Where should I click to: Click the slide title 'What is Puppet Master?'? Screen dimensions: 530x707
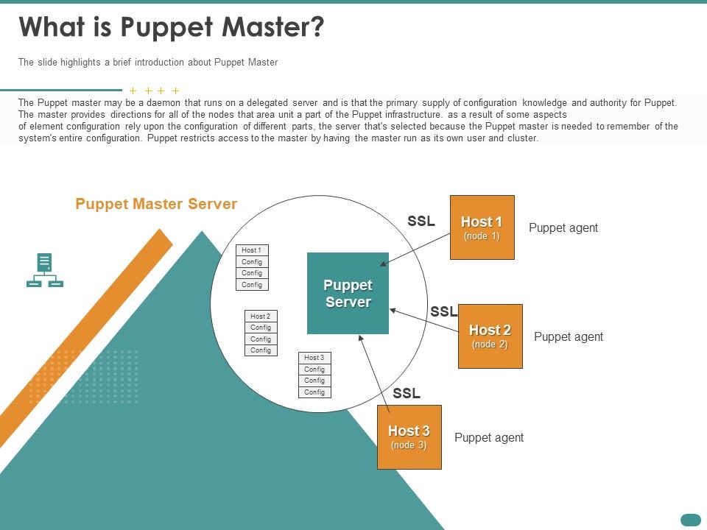tap(171, 27)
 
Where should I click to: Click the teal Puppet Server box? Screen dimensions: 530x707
tap(348, 293)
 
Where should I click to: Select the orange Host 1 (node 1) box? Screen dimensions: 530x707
tap(482, 227)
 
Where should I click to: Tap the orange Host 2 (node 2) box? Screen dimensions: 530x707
tap(490, 336)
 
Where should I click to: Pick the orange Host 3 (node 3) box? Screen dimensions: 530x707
tap(409, 437)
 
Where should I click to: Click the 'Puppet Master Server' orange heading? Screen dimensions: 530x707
tap(156, 204)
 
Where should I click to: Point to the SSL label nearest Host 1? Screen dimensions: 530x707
tap(421, 221)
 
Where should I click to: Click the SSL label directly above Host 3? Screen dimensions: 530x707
tap(407, 393)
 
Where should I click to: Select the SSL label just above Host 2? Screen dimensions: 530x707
tap(443, 311)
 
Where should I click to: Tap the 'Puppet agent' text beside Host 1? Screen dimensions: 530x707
tap(563, 228)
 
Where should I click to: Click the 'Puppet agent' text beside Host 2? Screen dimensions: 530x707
tap(568, 337)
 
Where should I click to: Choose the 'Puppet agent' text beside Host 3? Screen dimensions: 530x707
tap(489, 438)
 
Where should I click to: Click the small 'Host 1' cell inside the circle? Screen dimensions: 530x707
tap(252, 250)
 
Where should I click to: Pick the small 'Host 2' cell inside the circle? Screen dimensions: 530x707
tap(261, 316)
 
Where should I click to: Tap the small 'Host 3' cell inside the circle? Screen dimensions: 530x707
tap(314, 358)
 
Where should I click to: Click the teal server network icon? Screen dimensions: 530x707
tap(45, 270)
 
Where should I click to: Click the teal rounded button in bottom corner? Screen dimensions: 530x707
tap(690, 520)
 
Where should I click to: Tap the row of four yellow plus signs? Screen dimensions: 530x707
tap(155, 91)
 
